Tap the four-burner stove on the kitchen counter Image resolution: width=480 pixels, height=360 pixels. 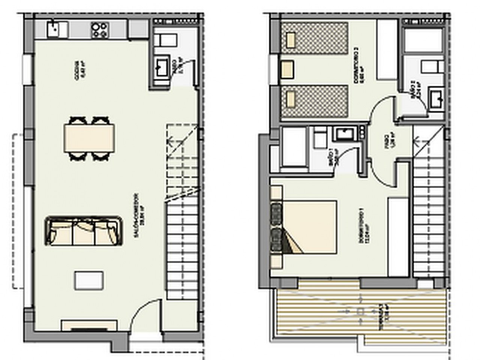100,30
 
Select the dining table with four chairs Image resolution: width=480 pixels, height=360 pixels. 89,138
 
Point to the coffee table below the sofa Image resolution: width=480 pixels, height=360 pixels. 88,281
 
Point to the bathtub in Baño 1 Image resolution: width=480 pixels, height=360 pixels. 294,147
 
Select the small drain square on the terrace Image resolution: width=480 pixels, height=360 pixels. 360,311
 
